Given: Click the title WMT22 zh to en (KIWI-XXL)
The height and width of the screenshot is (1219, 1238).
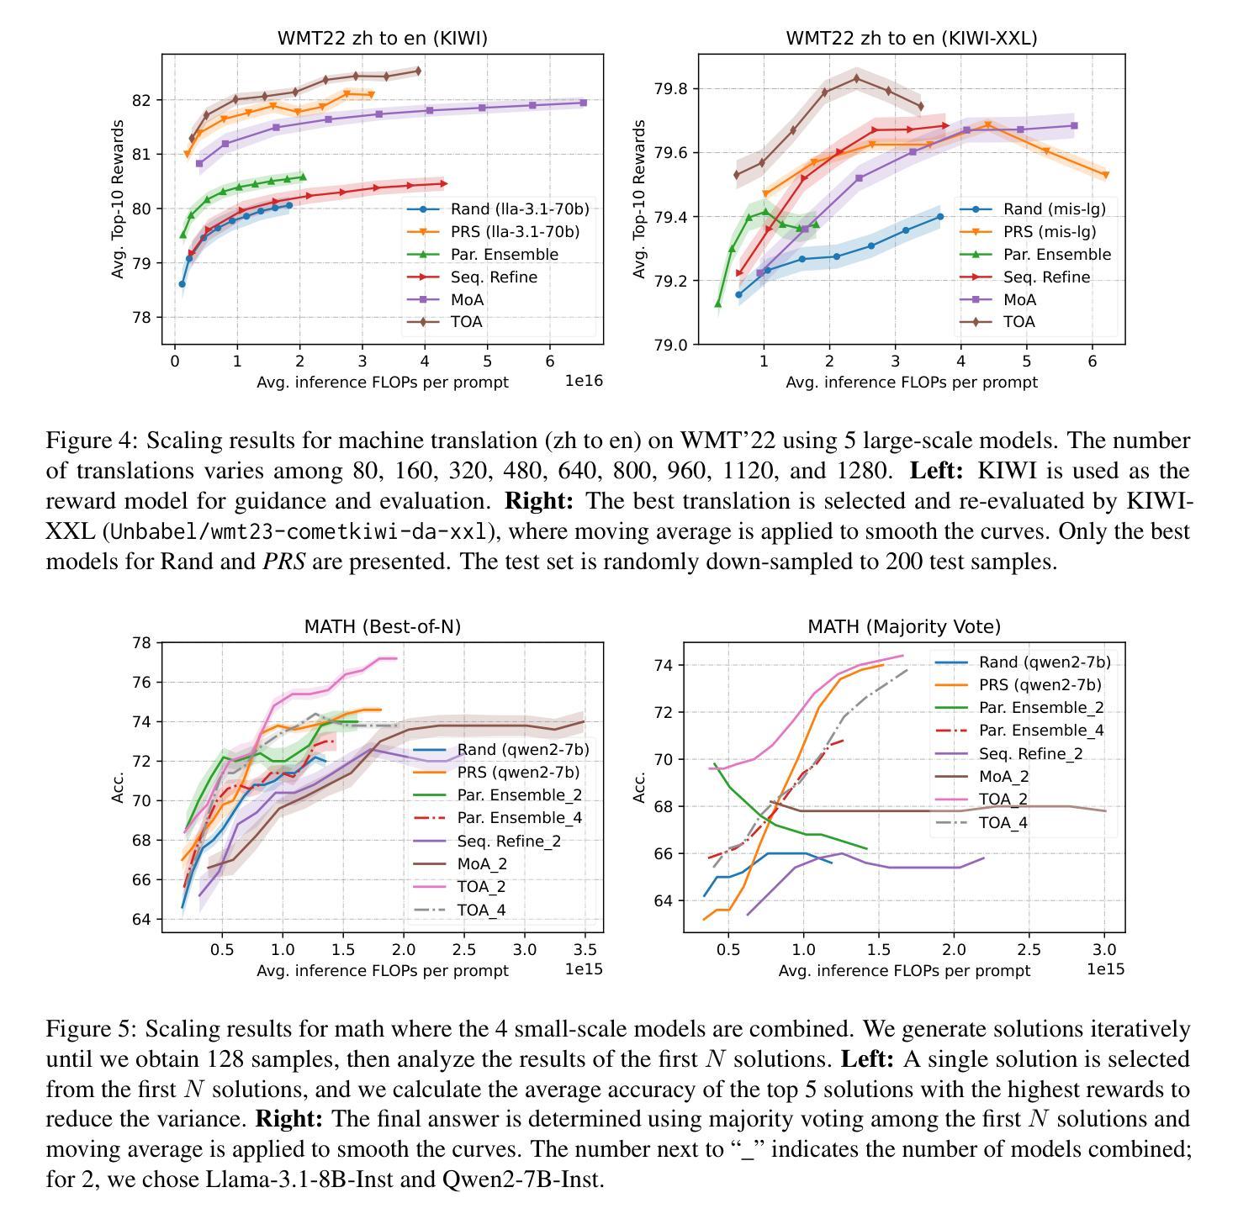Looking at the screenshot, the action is [912, 39].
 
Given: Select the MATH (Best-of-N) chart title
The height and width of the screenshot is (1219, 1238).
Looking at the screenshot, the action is [383, 627].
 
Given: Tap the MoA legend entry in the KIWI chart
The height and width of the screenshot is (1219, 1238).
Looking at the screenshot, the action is [467, 300].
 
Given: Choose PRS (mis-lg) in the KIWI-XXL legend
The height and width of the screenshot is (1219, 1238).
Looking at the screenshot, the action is [1050, 232].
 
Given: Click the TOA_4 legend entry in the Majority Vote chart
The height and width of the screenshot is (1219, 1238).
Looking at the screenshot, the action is [1003, 823].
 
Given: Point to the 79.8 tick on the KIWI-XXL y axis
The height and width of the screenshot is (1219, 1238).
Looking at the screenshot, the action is [670, 88].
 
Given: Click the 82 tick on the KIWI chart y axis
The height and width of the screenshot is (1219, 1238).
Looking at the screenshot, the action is [141, 100].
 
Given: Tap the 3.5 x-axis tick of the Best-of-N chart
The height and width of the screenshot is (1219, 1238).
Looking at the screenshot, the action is [585, 950].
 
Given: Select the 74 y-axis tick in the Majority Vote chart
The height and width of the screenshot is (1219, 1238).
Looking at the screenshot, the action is [663, 665].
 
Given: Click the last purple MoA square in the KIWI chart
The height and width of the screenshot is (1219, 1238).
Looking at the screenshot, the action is [584, 103].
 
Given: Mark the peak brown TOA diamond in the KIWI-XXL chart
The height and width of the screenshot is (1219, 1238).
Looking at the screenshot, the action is [856, 78].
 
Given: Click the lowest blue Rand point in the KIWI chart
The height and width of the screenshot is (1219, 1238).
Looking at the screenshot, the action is [182, 284].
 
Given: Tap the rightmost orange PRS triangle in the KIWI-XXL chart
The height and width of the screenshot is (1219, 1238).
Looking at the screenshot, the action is [1106, 175].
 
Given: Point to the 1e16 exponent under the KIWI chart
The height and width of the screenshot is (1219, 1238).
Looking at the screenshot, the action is [584, 381].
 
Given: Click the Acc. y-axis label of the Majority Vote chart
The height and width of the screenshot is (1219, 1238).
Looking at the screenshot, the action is [638, 788].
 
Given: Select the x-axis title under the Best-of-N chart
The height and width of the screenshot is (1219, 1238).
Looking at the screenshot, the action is [383, 970].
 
